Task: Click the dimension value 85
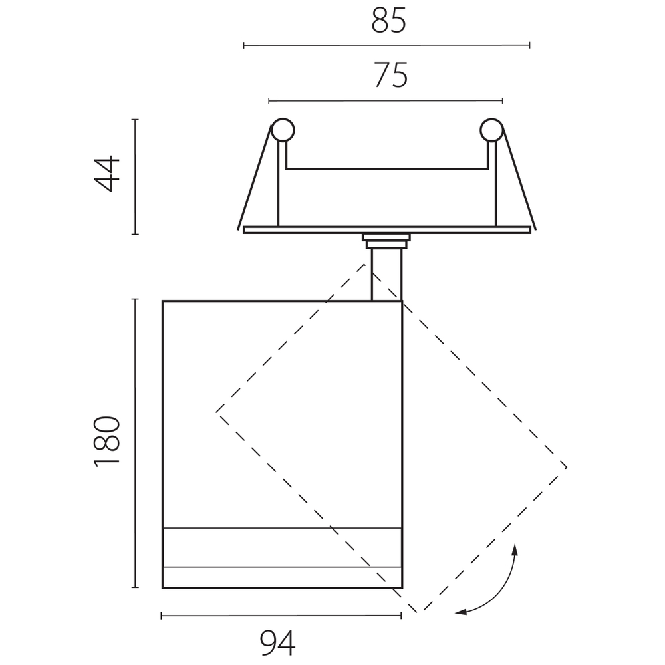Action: coord(389,21)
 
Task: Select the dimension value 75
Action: coord(390,75)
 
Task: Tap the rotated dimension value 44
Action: coord(107,174)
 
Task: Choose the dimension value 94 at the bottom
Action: coord(278,643)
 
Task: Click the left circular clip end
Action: coord(283,130)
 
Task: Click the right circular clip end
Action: coord(491,130)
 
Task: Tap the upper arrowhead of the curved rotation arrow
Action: coord(515,549)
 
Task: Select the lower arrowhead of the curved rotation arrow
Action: coord(461,612)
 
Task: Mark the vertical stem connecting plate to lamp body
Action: coord(386,275)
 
